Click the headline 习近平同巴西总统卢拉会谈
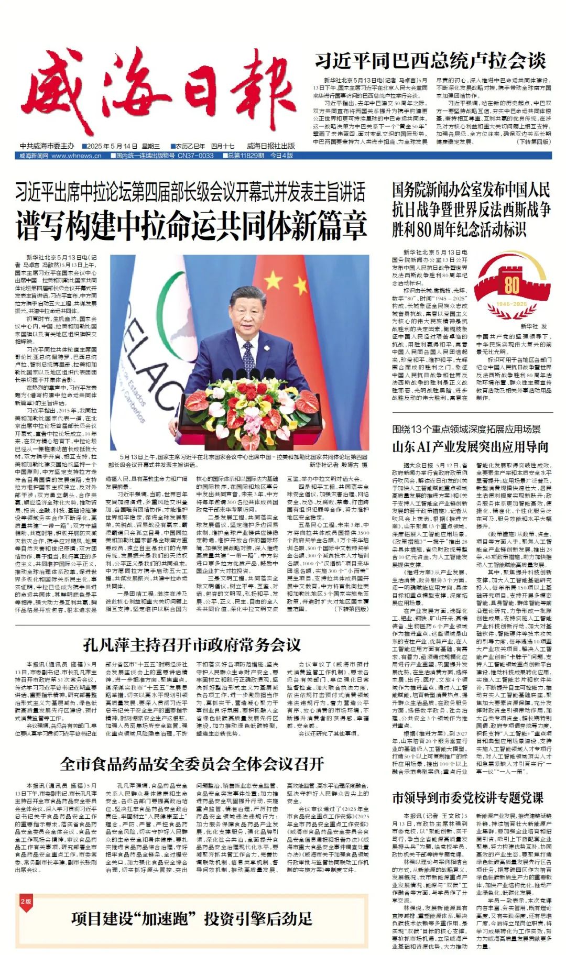click(x=430, y=61)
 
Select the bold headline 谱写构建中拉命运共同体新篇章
click(x=191, y=224)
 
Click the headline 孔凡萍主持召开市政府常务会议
click(x=192, y=644)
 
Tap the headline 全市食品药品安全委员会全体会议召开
click(x=192, y=764)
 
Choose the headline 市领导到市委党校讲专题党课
click(x=467, y=798)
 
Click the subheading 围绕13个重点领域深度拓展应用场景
click(x=466, y=429)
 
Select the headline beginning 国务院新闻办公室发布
click(x=471, y=209)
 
